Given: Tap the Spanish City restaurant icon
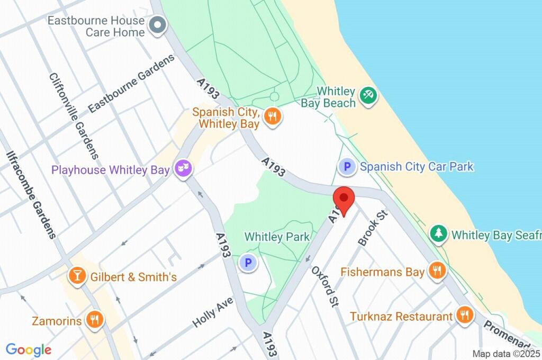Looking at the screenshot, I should coord(273,116).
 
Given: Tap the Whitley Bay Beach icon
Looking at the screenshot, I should coord(367,96).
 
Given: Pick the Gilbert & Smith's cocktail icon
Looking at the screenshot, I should coord(77,276).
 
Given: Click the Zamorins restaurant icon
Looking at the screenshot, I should coord(96,320).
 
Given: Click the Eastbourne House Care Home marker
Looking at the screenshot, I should coord(157,25).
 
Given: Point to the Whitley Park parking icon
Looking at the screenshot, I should coord(247,262).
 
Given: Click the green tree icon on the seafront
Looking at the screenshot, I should coord(438,233).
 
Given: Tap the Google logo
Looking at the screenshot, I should coord(29,349).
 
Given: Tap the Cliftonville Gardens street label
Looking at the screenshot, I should coord(74,115).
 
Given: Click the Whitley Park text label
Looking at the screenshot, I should coord(277,237).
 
